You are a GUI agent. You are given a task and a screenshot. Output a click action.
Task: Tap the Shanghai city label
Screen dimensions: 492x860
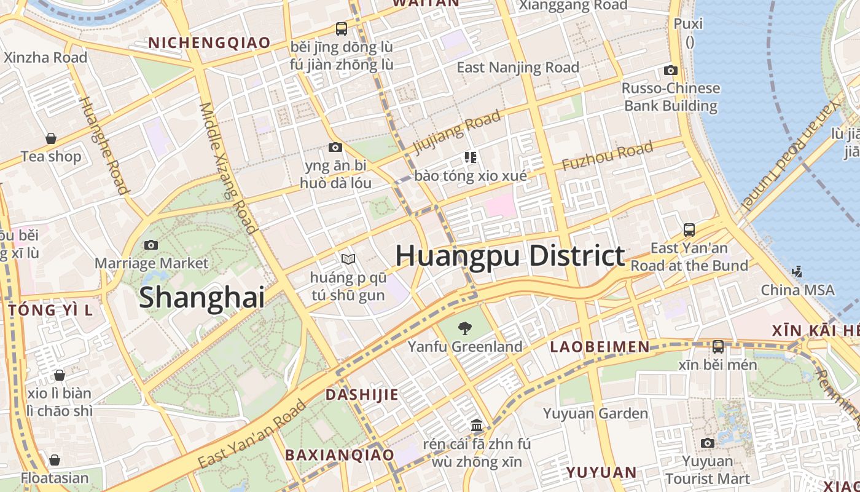(x=201, y=298)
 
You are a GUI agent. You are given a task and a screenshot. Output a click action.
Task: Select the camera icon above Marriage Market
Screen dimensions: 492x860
(x=151, y=245)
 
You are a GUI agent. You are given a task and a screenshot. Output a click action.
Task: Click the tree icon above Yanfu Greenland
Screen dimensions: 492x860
(x=466, y=328)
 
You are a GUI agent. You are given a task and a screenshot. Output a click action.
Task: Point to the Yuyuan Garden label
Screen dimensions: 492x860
(x=595, y=413)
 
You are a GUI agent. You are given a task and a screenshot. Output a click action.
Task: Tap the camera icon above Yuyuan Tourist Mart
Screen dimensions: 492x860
(x=708, y=443)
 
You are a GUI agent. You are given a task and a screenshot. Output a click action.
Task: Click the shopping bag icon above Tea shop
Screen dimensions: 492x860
(x=51, y=138)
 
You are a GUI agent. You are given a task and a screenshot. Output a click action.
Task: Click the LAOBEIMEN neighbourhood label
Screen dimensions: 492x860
(x=600, y=347)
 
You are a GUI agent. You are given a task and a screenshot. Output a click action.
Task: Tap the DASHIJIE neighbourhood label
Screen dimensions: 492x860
(x=362, y=395)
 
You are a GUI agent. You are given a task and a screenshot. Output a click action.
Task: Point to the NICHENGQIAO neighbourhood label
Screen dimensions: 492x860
(x=209, y=42)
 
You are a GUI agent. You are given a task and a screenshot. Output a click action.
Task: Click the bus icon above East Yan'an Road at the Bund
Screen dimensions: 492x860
(x=689, y=230)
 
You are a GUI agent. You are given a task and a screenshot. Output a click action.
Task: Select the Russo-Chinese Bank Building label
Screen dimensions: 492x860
(x=671, y=97)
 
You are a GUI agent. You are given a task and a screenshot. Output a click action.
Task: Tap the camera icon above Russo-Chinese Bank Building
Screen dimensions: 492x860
(x=671, y=70)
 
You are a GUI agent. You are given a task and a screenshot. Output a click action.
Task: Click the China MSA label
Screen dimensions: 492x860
(x=797, y=290)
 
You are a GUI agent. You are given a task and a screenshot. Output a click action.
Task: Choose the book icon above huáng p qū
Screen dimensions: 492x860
(x=348, y=260)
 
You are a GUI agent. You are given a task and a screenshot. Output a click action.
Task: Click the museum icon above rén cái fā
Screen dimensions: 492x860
(x=477, y=425)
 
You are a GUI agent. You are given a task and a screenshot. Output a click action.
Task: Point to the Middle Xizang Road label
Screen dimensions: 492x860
(x=227, y=167)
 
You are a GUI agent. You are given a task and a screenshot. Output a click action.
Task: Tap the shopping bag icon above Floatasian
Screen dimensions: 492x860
(x=55, y=459)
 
